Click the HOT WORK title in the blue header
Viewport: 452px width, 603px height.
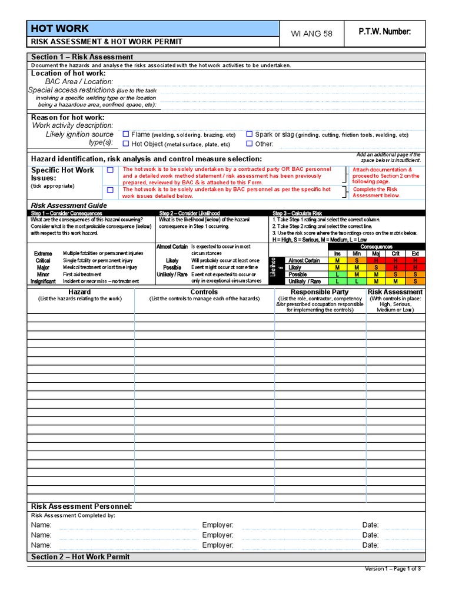(x=59, y=28)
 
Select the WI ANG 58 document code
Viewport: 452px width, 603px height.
(x=312, y=34)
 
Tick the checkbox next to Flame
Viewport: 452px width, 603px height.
(x=125, y=134)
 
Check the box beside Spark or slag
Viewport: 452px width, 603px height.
(x=250, y=134)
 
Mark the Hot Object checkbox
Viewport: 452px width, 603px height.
(x=125, y=144)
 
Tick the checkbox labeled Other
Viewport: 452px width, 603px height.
(x=250, y=144)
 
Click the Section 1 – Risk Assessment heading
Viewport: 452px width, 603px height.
(x=82, y=57)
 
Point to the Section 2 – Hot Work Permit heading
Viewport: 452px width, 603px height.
(x=80, y=556)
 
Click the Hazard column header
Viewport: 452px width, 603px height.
(x=79, y=292)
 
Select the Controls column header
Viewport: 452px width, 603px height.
(x=204, y=292)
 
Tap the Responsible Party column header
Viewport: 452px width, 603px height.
(x=320, y=292)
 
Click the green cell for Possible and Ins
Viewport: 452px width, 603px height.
(x=337, y=274)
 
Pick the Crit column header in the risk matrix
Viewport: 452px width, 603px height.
(x=396, y=253)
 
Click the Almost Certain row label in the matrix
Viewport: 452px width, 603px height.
(x=304, y=260)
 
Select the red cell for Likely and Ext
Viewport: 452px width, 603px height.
(x=416, y=267)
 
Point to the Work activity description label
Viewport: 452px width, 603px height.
(x=72, y=125)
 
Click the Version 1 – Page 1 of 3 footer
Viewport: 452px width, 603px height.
(x=393, y=568)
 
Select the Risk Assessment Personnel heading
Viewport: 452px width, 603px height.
(x=81, y=506)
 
